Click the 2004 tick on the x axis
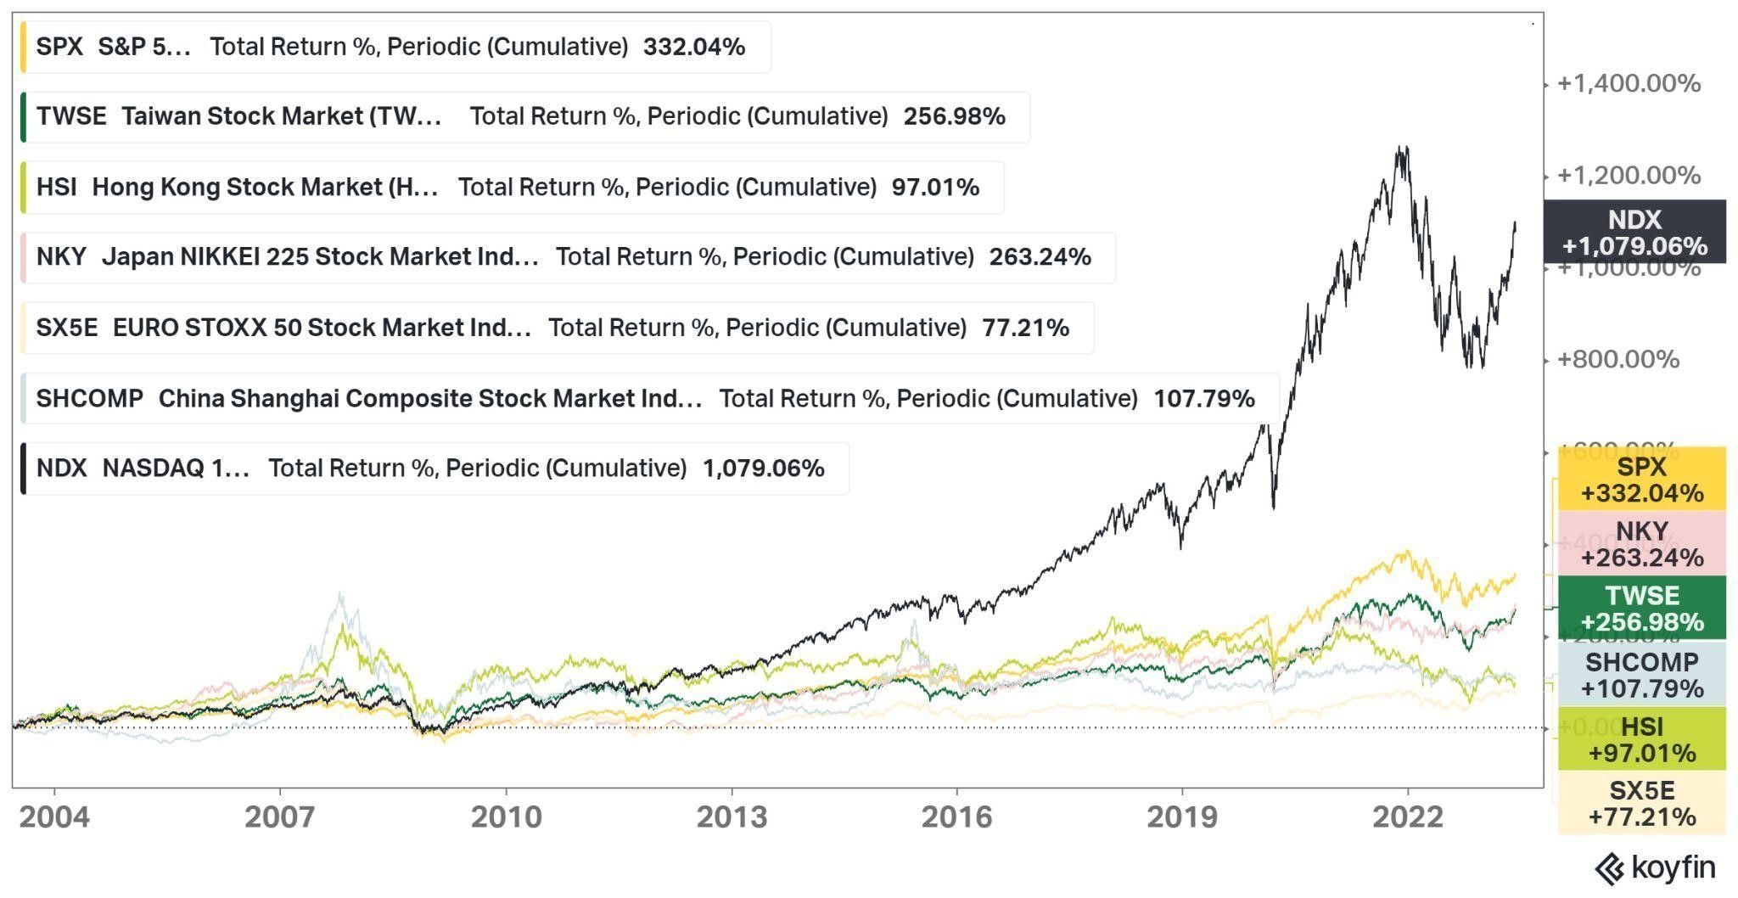53,817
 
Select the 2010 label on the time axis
506,817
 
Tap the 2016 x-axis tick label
956,817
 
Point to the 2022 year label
1408,817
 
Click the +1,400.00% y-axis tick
1629,83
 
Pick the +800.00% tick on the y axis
1617,359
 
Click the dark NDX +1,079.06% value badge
1634,232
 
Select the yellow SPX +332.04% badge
1641,480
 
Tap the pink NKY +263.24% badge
1641,544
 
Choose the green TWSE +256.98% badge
1641,609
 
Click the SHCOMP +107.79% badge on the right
1641,675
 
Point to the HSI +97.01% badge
1641,739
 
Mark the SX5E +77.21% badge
1641,803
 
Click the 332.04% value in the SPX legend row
693,47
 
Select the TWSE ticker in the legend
71,116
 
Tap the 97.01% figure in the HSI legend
934,187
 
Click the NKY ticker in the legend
61,256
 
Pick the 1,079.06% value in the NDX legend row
763,468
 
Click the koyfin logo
1655,868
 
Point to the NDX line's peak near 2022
1401,149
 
